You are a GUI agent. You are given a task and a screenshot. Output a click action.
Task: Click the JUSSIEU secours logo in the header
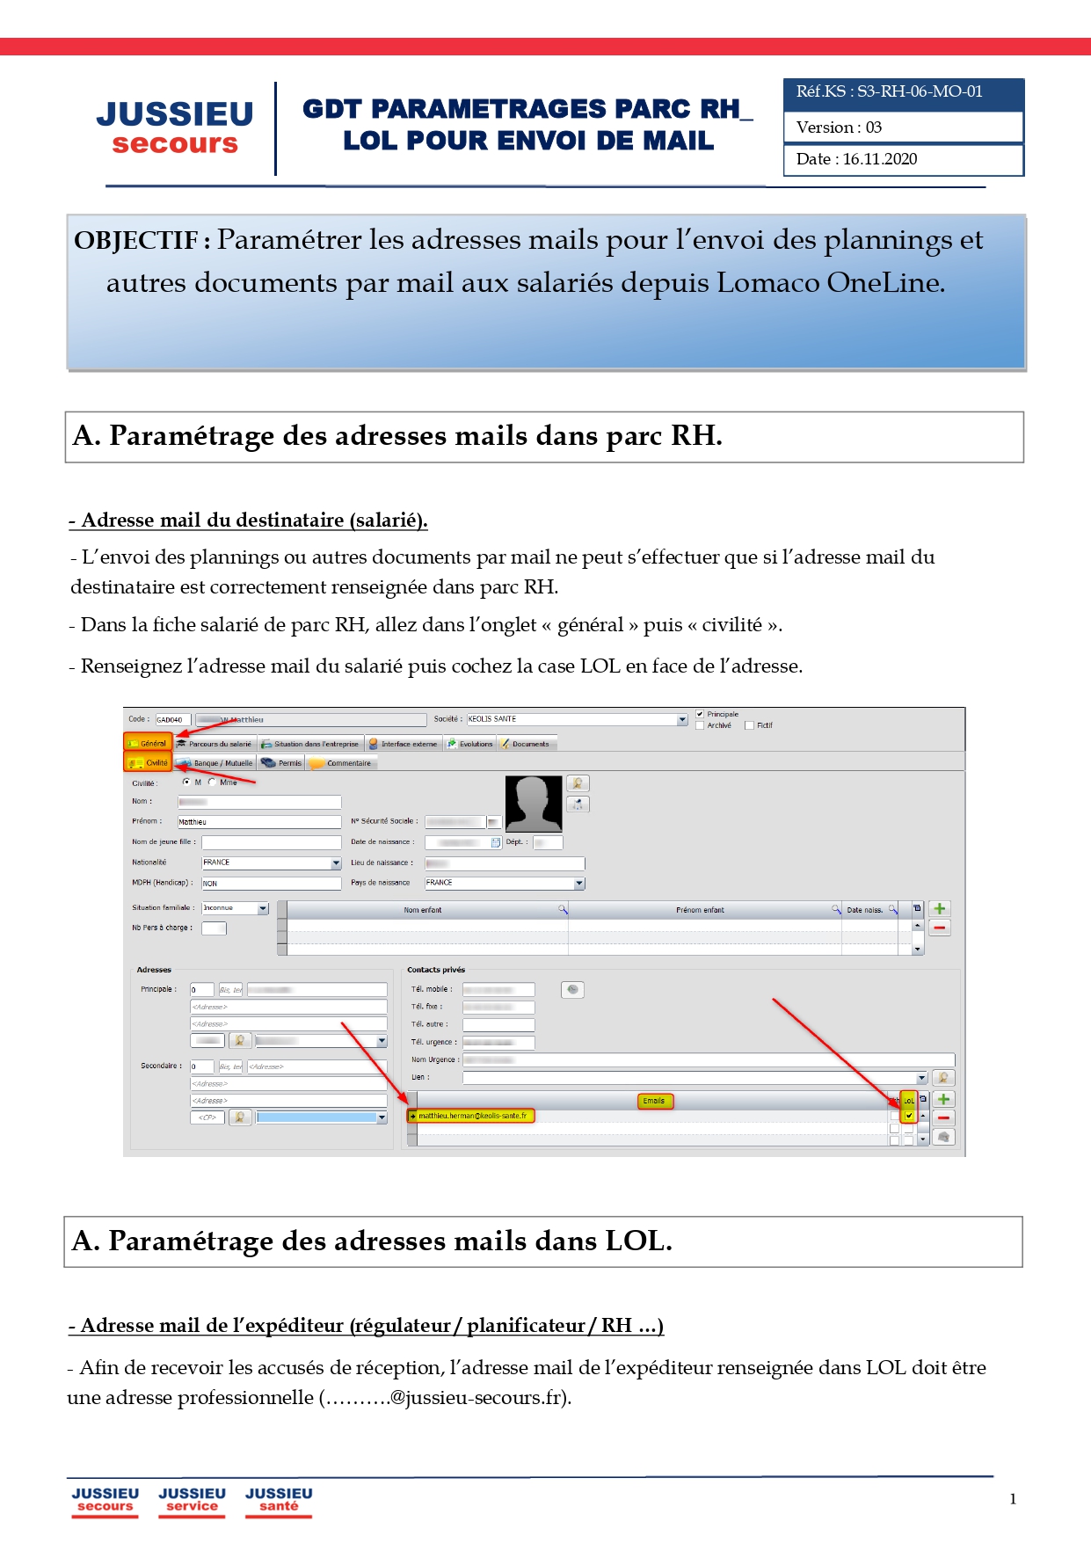tap(175, 127)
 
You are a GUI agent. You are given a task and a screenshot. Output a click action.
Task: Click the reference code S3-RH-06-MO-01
tap(920, 91)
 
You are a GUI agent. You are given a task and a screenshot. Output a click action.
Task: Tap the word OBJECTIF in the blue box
tap(136, 241)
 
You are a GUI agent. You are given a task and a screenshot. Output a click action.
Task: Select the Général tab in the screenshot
tap(148, 743)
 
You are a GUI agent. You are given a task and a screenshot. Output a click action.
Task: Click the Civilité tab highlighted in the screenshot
tap(149, 763)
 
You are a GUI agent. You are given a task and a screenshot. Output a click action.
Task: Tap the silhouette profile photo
tap(534, 804)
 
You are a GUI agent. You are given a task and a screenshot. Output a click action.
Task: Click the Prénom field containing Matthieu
tap(258, 822)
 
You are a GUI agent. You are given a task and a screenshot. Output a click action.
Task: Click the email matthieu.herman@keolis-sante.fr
tap(472, 1117)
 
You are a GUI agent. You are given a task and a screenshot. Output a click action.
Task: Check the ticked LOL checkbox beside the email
tap(909, 1117)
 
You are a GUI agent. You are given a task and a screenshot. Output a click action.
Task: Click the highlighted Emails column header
tap(654, 1101)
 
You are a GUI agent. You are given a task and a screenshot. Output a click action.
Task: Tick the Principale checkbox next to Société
tap(700, 714)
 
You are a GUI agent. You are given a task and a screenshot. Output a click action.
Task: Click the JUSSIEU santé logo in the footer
tap(279, 1500)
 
